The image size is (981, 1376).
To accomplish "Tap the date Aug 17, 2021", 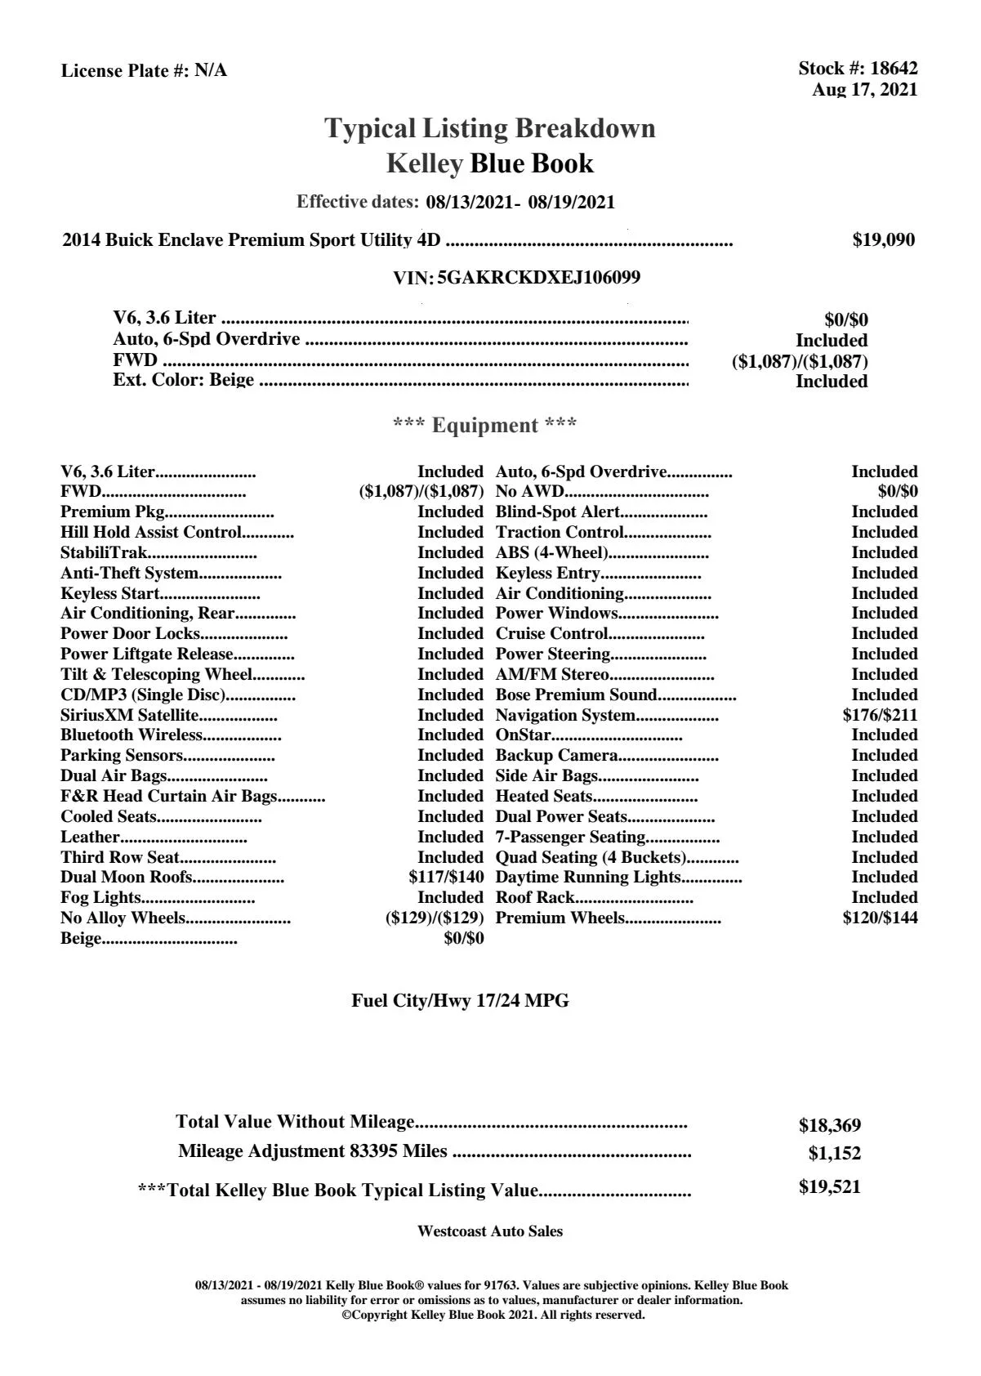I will pos(864,90).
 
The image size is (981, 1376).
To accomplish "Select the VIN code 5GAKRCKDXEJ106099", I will pos(538,278).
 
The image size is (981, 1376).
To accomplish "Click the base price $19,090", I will pos(884,240).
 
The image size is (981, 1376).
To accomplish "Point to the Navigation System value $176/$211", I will pos(880,716).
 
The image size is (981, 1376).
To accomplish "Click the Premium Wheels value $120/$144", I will pos(880,918).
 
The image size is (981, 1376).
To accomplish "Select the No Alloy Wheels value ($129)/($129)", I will pos(435,918).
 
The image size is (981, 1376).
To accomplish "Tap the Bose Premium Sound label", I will pos(576,695).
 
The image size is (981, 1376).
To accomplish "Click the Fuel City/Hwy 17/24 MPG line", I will pos(460,1001).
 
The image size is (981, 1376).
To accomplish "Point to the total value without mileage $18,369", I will pos(829,1126).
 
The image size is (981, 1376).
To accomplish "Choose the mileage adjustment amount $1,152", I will pos(834,1154).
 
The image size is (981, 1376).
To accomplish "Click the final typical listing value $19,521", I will pos(829,1187).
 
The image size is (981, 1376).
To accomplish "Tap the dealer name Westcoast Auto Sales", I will pos(489,1231).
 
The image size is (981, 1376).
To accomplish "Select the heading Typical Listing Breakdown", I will pos(490,128).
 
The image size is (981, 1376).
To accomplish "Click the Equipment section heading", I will pos(484,426).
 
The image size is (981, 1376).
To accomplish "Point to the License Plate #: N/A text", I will pos(144,71).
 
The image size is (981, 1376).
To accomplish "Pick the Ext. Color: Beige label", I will pos(183,381).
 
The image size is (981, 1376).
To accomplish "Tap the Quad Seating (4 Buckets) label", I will pos(591,857).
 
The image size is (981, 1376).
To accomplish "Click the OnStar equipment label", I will pos(523,735).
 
